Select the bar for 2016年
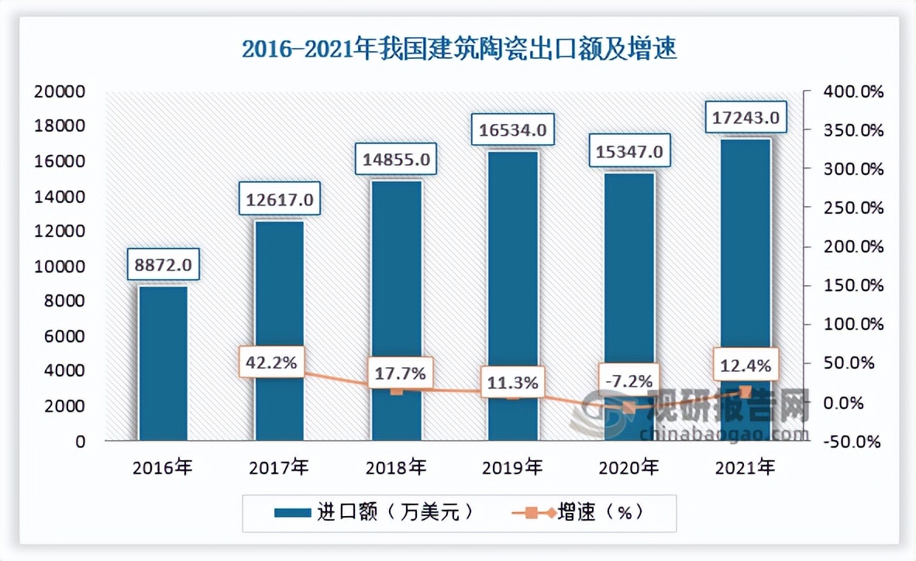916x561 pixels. pos(163,364)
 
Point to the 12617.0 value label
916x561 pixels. pos(280,200)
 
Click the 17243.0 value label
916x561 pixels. pos(746,119)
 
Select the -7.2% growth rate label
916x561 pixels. pos(629,380)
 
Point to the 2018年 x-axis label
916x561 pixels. pos(396,467)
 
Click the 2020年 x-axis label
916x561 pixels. pos(628,467)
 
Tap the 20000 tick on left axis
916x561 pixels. pos(60,91)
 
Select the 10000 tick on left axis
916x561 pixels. pos(60,267)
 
